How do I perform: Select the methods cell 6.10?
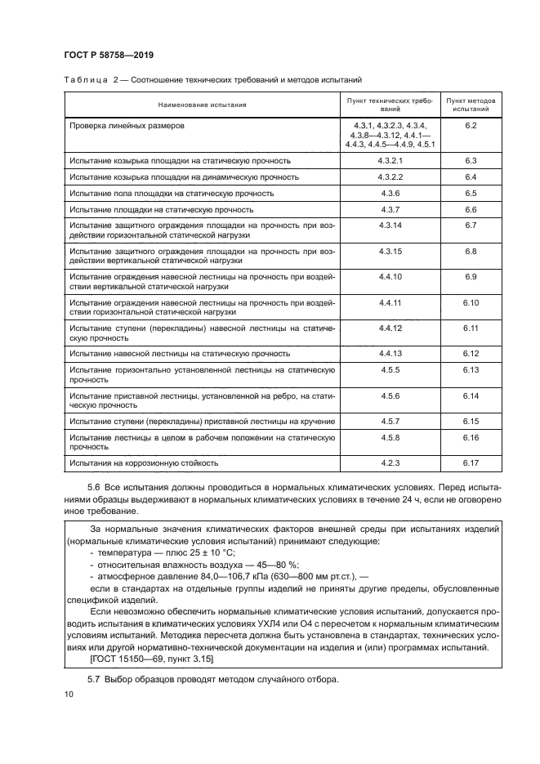point(470,303)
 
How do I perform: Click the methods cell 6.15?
point(470,421)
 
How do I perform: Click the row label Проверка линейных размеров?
point(127,126)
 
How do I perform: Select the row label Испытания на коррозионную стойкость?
point(144,463)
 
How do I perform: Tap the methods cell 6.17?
point(470,463)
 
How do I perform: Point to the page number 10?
point(68,695)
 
